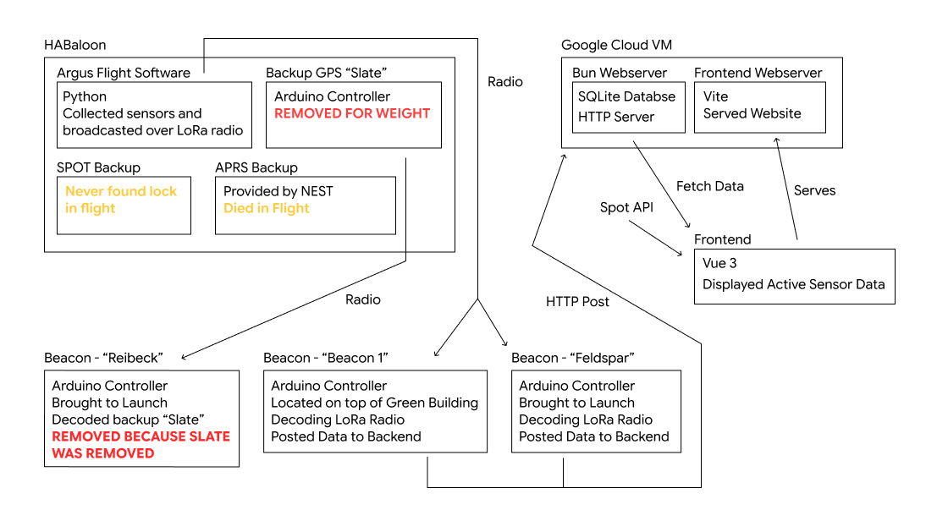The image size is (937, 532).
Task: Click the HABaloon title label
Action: click(74, 45)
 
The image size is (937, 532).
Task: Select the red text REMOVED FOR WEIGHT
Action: click(352, 113)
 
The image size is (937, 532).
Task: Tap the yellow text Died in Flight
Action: click(266, 208)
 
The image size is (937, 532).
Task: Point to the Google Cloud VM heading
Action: click(616, 45)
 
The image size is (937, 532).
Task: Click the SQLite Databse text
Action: click(626, 96)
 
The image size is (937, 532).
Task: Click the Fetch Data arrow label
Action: click(710, 186)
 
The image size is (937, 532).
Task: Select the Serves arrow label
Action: click(814, 190)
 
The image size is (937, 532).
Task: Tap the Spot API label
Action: click(626, 207)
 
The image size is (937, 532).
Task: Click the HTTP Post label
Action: click(577, 302)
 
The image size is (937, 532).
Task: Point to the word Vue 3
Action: click(719, 263)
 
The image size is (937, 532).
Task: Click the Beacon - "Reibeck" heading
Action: click(103, 358)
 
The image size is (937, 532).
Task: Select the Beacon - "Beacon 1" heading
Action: click(326, 358)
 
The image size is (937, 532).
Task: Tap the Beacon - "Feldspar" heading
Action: click(572, 358)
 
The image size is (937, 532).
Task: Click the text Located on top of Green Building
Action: click(375, 403)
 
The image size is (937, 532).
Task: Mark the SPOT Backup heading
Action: click(98, 167)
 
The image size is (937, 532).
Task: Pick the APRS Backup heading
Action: click(256, 167)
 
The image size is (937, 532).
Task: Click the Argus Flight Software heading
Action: click(124, 73)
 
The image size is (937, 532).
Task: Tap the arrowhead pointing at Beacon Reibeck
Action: click(184, 357)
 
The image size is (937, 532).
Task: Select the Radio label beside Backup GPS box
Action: click(505, 82)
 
